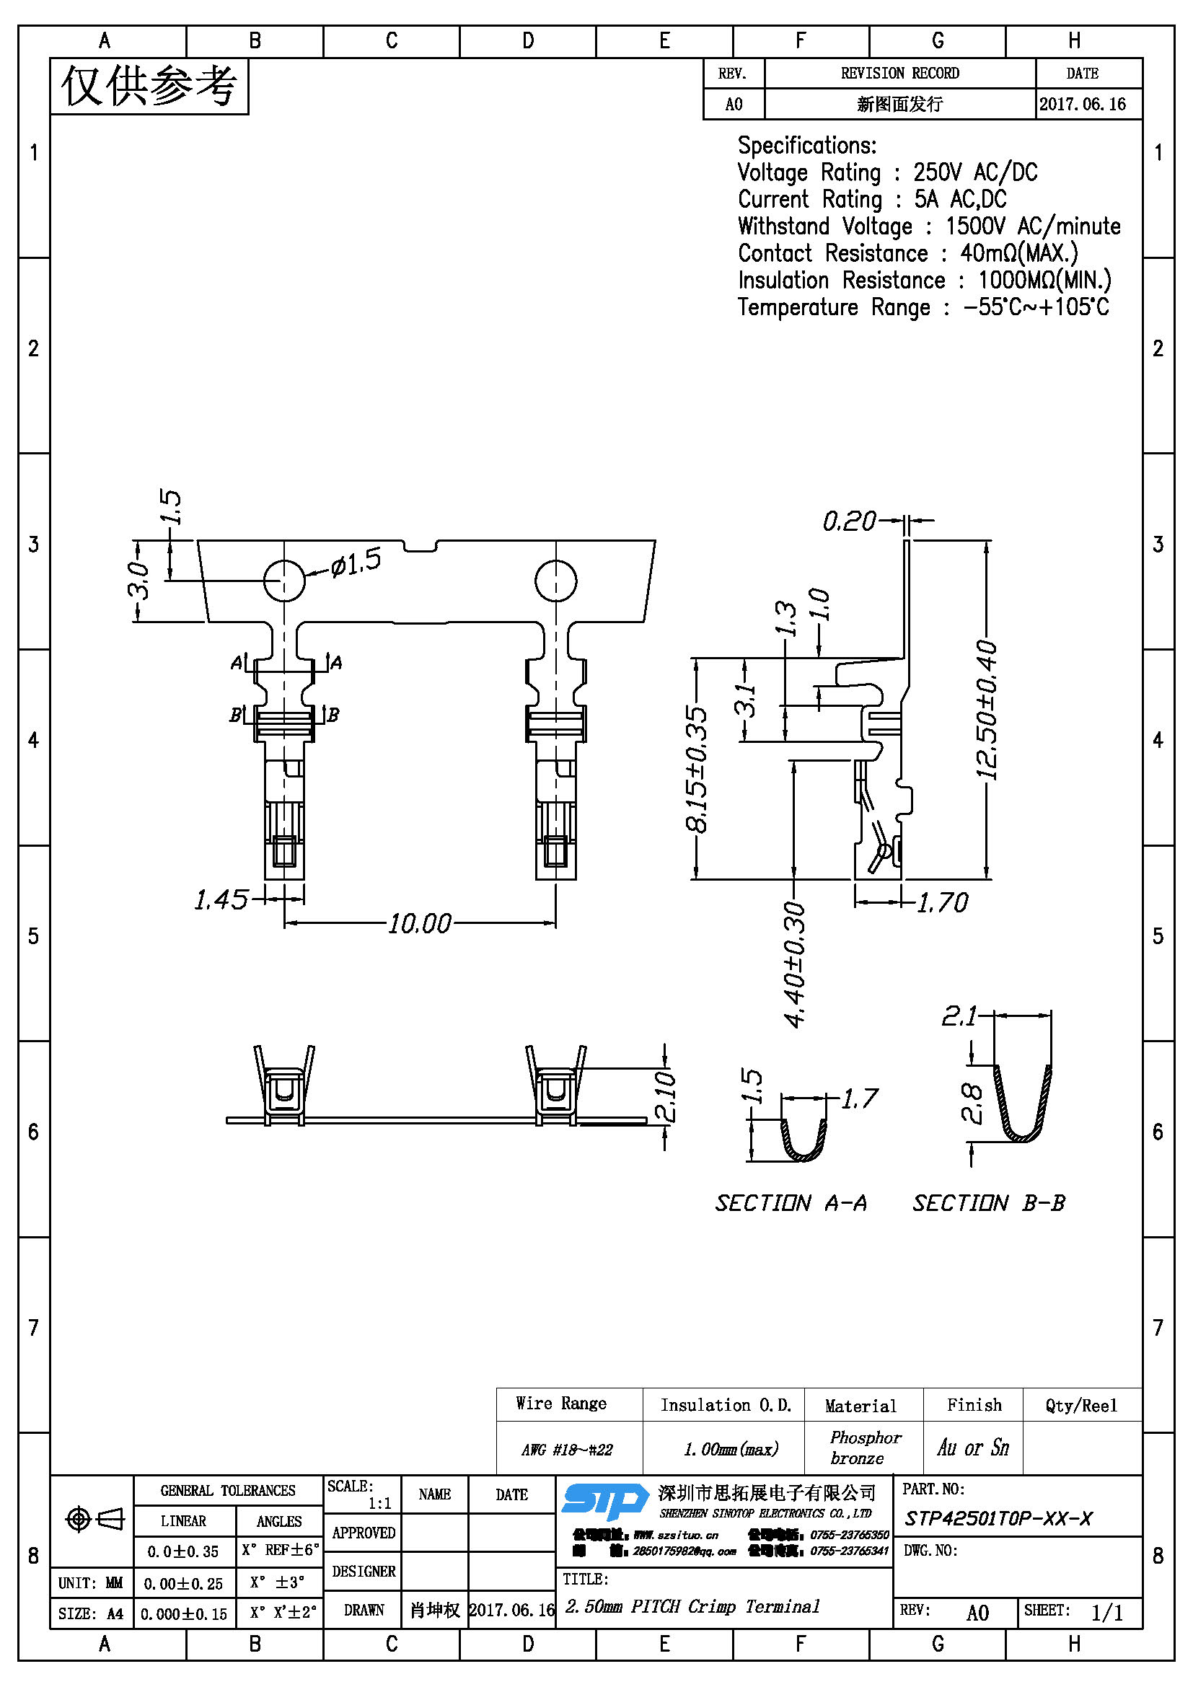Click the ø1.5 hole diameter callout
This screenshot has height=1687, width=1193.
pyautogui.click(x=356, y=563)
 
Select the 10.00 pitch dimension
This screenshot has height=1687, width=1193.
pyautogui.click(x=420, y=924)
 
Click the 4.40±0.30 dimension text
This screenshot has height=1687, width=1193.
pyautogui.click(x=795, y=964)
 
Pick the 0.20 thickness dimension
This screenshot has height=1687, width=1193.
pyautogui.click(x=849, y=521)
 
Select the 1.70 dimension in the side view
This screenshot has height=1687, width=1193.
pyautogui.click(x=943, y=902)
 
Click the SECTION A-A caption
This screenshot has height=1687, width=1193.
pyautogui.click(x=791, y=1203)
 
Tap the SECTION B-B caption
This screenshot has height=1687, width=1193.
pyautogui.click(x=989, y=1203)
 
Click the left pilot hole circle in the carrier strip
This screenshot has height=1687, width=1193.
pyautogui.click(x=283, y=581)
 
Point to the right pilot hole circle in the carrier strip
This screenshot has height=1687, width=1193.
pyautogui.click(x=555, y=581)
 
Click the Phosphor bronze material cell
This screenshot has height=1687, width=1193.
pyautogui.click(x=865, y=1447)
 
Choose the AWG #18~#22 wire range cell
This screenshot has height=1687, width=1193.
pyautogui.click(x=567, y=1449)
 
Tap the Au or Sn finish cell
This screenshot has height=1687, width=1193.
pyautogui.click(x=972, y=1448)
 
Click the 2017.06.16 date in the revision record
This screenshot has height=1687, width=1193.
pyautogui.click(x=1082, y=104)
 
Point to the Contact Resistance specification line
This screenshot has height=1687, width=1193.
pyautogui.click(x=907, y=253)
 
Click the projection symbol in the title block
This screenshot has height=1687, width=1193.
pyautogui.click(x=94, y=1518)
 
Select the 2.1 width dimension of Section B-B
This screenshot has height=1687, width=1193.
pyautogui.click(x=959, y=1016)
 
